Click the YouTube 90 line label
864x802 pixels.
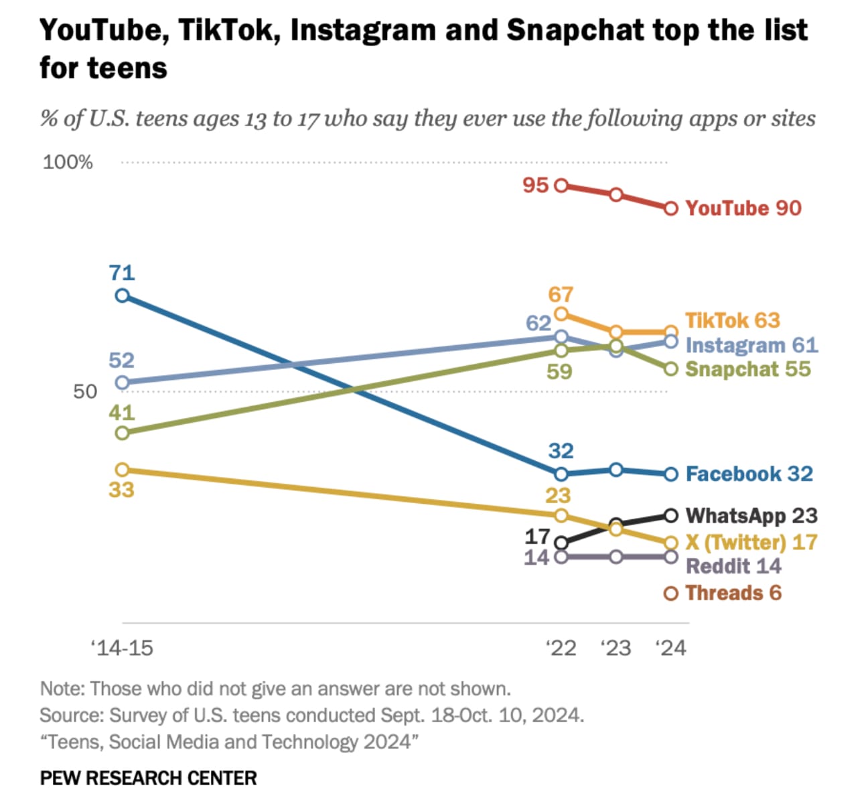pyautogui.click(x=743, y=208)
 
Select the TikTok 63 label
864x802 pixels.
pyautogui.click(x=732, y=320)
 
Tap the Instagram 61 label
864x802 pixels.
pyautogui.click(x=751, y=345)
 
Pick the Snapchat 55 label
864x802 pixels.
pyautogui.click(x=747, y=369)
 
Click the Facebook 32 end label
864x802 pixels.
pyautogui.click(x=749, y=474)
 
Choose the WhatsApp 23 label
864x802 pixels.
pyautogui.click(x=751, y=516)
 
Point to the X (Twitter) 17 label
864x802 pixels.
pyautogui.click(x=751, y=542)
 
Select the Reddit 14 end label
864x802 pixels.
pyautogui.click(x=733, y=566)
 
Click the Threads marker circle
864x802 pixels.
pyautogui.click(x=671, y=593)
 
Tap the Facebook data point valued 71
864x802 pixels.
pyautogui.click(x=122, y=295)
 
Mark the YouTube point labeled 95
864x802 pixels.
pyautogui.click(x=561, y=185)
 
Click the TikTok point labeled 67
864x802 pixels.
pyautogui.click(x=561, y=314)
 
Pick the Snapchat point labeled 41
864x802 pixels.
pyautogui.click(x=122, y=433)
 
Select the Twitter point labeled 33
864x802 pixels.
pyautogui.click(x=122, y=470)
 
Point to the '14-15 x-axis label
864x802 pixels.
pyautogui.click(x=122, y=648)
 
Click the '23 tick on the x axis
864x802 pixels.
pyautogui.click(x=616, y=648)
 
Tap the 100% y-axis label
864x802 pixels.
pyautogui.click(x=68, y=162)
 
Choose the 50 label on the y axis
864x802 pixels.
pyautogui.click(x=85, y=391)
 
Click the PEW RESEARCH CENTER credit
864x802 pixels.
pyautogui.click(x=148, y=778)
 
